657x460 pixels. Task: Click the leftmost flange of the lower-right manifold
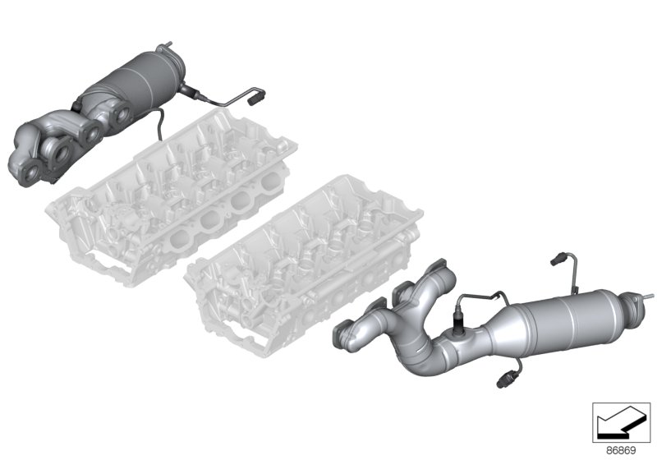click(347, 333)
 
